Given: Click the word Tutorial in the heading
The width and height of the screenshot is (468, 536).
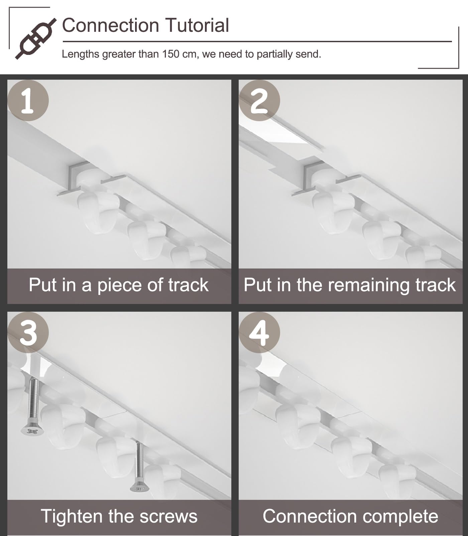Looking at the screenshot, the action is tap(197, 25).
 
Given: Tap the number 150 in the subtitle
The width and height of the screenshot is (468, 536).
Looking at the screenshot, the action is tap(171, 54).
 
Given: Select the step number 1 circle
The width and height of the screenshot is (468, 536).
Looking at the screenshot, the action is tap(28, 100).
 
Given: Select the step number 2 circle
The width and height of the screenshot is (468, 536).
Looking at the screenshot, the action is tap(259, 100).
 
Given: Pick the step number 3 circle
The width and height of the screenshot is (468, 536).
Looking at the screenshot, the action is tap(28, 332).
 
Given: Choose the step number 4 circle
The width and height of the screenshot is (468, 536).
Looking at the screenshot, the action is tap(259, 332).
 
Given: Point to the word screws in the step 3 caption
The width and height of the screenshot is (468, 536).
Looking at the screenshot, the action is tap(168, 517).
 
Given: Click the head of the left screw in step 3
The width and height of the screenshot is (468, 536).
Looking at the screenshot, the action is tap(32, 430).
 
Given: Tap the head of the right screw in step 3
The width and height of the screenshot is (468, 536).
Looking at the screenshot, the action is tap(140, 487).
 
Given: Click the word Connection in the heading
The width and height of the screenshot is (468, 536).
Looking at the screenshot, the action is tap(111, 25).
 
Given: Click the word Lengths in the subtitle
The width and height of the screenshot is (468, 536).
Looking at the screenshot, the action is tap(81, 54).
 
